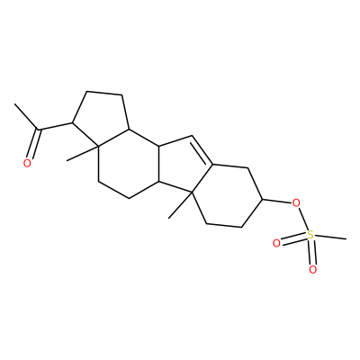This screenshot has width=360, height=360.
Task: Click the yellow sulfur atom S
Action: pyautogui.click(x=310, y=235)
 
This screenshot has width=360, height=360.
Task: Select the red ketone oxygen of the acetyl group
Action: pyautogui.click(x=27, y=163)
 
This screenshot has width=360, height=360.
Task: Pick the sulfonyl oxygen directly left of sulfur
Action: pyautogui.click(x=276, y=243)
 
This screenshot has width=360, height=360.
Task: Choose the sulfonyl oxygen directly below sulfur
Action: pyautogui.click(x=312, y=269)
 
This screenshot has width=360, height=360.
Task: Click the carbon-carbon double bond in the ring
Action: pyautogui.click(x=202, y=151)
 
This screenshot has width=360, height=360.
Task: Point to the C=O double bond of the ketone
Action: pyautogui.click(x=33, y=144)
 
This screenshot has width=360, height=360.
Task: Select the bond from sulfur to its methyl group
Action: pyautogui.click(x=330, y=238)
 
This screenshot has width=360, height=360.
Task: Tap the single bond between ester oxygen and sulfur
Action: pyautogui.click(x=303, y=220)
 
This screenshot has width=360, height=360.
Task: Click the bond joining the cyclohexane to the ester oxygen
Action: pyautogui.click(x=277, y=202)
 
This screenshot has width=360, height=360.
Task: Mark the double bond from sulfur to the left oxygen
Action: pyautogui.click(x=293, y=239)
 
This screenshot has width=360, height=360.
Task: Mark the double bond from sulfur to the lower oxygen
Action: pyautogui.click(x=311, y=252)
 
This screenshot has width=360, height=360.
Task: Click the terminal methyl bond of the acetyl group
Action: pyautogui.click(x=26, y=117)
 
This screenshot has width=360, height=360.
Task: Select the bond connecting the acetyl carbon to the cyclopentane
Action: pyautogui.click(x=55, y=126)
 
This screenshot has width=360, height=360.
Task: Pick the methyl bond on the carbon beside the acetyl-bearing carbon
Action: pyautogui.click(x=82, y=153)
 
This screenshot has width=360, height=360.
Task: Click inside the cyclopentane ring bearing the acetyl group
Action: pyautogui.click(x=100, y=121)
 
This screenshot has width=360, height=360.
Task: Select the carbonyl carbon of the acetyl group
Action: pyautogui.click(x=39, y=130)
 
